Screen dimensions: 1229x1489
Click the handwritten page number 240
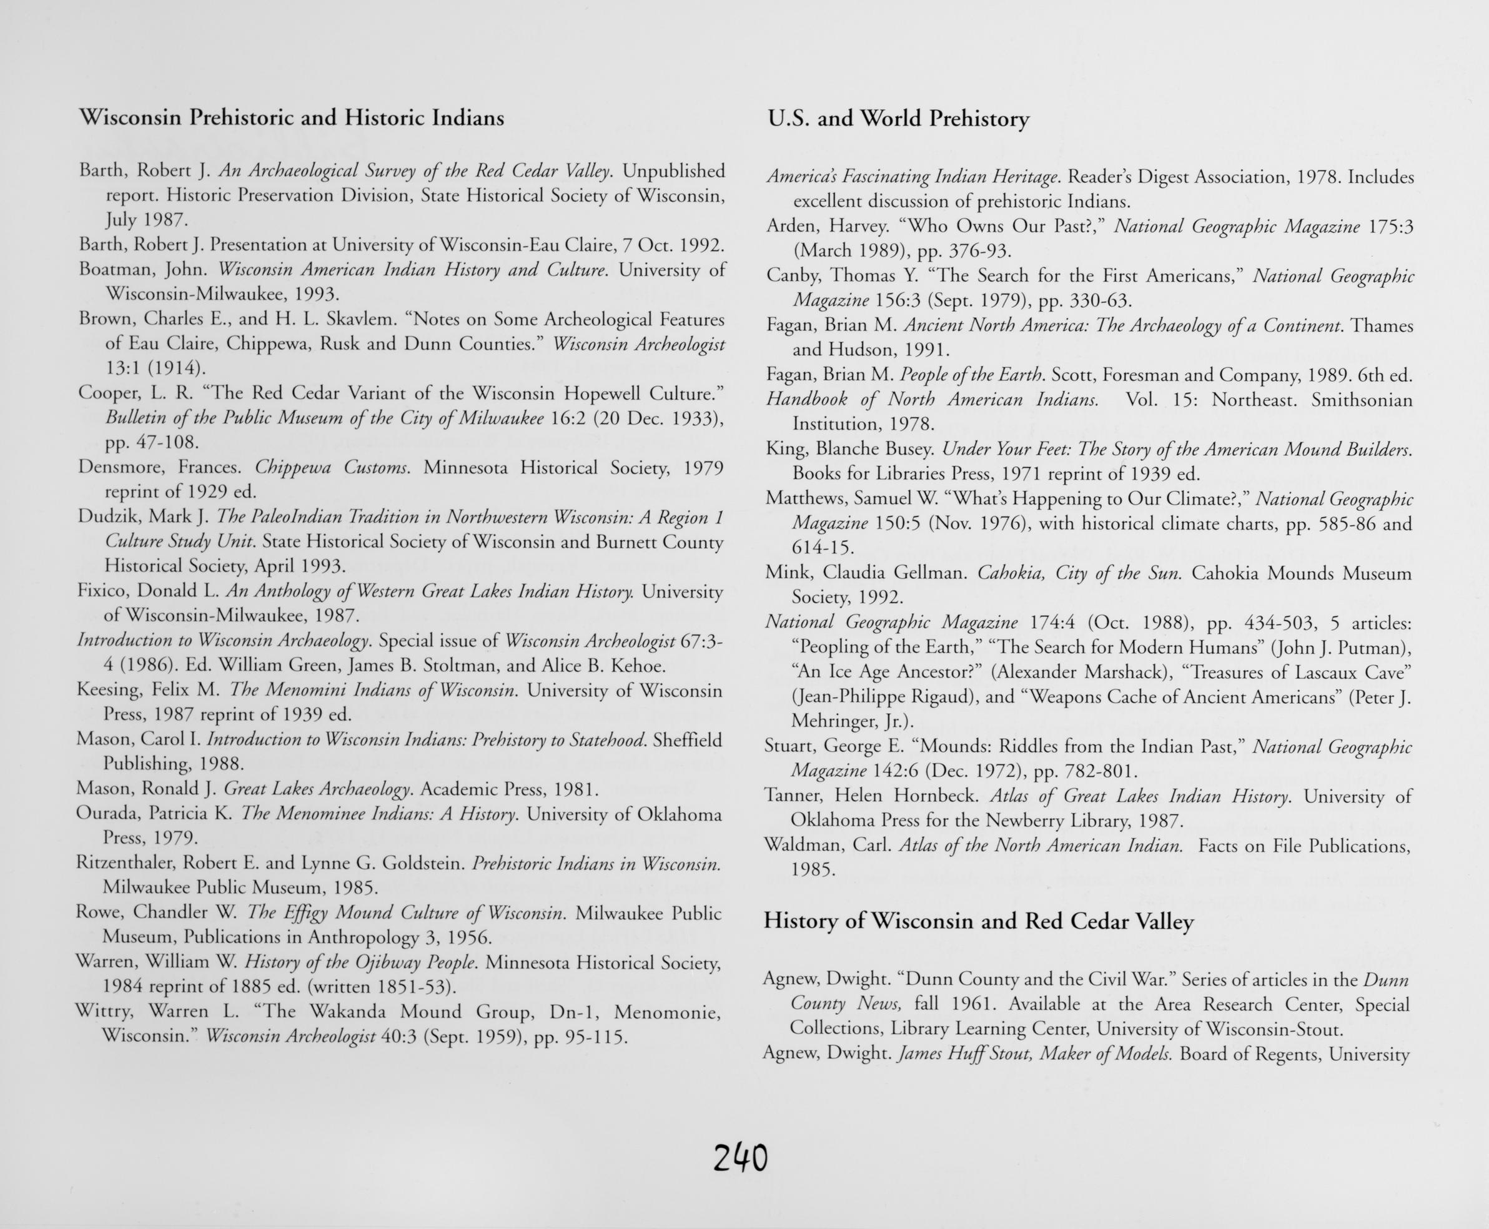[x=740, y=1159]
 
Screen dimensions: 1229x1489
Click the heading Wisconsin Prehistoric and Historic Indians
[x=291, y=117]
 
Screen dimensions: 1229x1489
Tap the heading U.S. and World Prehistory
[x=898, y=118]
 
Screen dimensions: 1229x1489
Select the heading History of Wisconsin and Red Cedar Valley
[x=978, y=921]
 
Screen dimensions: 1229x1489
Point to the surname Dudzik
[x=106, y=517]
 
